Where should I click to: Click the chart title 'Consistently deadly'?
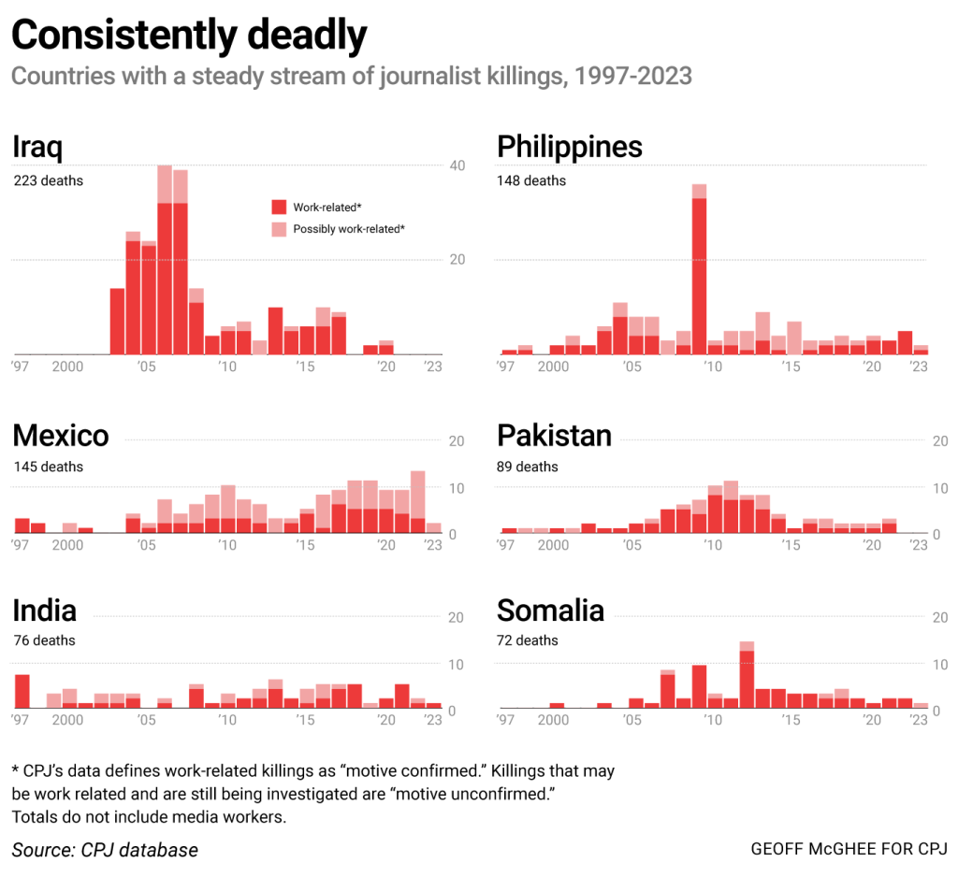click(x=189, y=36)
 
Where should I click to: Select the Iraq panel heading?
click(x=37, y=148)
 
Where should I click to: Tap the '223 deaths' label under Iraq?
click(x=48, y=180)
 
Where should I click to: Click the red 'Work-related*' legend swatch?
click(x=279, y=207)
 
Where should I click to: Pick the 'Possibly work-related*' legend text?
click(x=349, y=229)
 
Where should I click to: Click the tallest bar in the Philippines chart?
click(x=699, y=271)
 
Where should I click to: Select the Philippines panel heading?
click(x=570, y=147)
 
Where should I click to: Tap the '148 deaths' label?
click(x=531, y=180)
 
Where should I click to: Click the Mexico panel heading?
click(x=61, y=435)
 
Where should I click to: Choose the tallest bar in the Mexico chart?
click(x=418, y=503)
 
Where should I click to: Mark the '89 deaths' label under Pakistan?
click(x=528, y=467)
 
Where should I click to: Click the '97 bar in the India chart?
click(x=22, y=692)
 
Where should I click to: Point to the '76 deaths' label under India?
click(x=44, y=640)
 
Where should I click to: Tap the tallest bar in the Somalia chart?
click(x=747, y=677)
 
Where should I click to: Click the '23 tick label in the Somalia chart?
click(x=919, y=721)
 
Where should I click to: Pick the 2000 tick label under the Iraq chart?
click(x=67, y=367)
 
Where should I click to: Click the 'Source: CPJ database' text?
click(x=105, y=850)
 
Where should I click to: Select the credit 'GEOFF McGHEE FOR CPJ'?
click(x=849, y=850)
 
